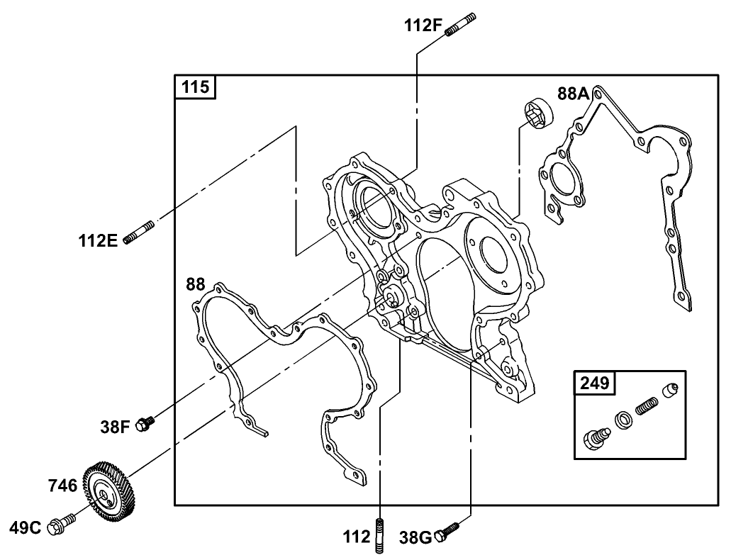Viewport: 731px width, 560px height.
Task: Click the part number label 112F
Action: coord(423,26)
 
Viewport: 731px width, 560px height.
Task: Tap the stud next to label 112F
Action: coord(461,24)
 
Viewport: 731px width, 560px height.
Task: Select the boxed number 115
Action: coord(196,87)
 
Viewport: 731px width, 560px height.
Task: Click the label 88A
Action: coord(574,94)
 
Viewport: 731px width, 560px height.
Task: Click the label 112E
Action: coord(98,240)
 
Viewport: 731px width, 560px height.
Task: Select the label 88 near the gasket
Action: coord(196,284)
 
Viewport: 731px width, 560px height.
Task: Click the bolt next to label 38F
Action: coord(146,424)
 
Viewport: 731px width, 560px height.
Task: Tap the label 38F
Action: coord(115,427)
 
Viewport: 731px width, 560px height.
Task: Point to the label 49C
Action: coord(26,527)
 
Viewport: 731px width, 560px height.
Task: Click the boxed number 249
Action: coord(594,383)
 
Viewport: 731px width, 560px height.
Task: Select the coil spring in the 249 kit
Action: coord(646,408)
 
